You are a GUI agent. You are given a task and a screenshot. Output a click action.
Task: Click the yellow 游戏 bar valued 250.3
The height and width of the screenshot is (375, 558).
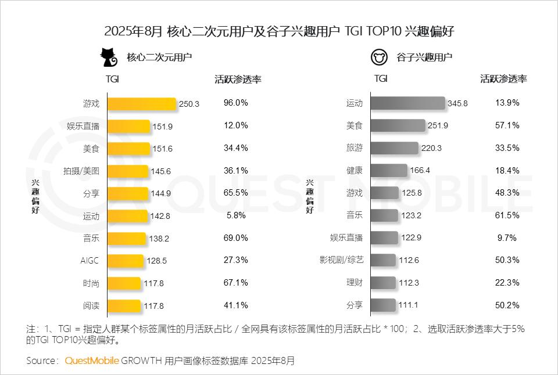(141, 103)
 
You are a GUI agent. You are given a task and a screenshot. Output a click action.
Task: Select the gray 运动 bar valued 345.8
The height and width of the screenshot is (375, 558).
(407, 103)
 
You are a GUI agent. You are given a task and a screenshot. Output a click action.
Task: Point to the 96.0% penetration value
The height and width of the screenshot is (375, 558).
(236, 103)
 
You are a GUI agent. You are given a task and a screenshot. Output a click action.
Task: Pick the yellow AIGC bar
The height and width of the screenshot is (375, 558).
(124, 261)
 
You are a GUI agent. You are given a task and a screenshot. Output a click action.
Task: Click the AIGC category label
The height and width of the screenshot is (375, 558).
(90, 261)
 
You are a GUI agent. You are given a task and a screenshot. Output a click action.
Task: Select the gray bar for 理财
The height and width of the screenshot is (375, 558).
(383, 283)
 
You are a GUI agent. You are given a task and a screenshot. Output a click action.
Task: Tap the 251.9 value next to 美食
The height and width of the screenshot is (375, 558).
(438, 125)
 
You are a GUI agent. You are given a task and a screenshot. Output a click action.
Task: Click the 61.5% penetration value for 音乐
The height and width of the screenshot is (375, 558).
(507, 215)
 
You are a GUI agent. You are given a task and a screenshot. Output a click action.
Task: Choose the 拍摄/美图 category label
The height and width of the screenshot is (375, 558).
(81, 171)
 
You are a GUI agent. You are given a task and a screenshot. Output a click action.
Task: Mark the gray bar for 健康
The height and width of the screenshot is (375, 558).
(389, 171)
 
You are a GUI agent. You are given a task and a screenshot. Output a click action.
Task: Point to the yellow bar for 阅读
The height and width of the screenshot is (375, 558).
(123, 305)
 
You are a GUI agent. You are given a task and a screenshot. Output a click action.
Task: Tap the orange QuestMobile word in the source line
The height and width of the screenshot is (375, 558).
(92, 360)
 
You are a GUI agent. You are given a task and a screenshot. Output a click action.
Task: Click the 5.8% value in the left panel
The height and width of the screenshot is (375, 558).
(236, 215)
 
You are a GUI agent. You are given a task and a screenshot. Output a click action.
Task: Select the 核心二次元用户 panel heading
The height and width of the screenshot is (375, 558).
(159, 57)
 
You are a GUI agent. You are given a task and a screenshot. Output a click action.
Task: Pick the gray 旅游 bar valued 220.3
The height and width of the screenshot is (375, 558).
(394, 148)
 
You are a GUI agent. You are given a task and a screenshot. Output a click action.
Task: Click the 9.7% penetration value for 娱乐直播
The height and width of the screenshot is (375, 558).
(507, 237)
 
